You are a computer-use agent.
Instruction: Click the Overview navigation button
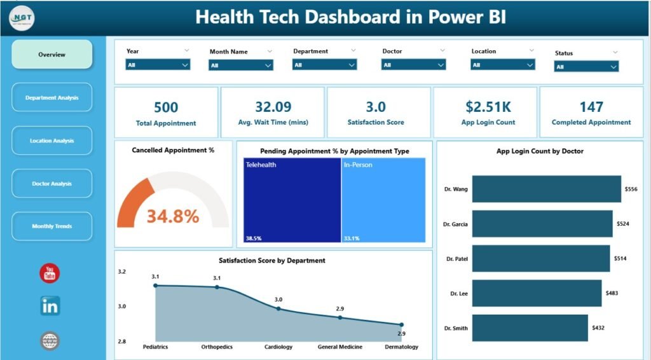(x=51, y=55)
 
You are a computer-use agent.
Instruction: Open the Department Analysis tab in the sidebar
(x=51, y=98)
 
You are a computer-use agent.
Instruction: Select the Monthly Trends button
(x=51, y=226)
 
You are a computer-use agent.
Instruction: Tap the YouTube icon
(x=50, y=273)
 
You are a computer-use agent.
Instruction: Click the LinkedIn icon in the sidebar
(x=50, y=306)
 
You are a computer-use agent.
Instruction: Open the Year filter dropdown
(x=158, y=65)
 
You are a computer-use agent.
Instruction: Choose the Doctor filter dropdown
(x=413, y=65)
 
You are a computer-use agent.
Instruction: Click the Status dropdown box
(x=586, y=66)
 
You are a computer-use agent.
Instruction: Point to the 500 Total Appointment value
(x=166, y=107)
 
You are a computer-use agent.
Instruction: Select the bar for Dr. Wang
(x=546, y=189)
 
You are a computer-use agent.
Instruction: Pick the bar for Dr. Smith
(x=530, y=328)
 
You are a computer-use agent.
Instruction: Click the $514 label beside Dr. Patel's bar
(x=620, y=258)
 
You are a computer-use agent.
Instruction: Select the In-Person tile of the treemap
(x=383, y=200)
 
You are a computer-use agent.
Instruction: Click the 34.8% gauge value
(x=173, y=216)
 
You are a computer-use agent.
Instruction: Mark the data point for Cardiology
(x=278, y=308)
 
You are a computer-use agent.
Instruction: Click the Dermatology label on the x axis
(x=401, y=347)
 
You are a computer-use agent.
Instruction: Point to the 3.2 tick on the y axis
(x=122, y=272)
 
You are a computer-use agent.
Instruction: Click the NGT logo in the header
(x=22, y=17)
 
